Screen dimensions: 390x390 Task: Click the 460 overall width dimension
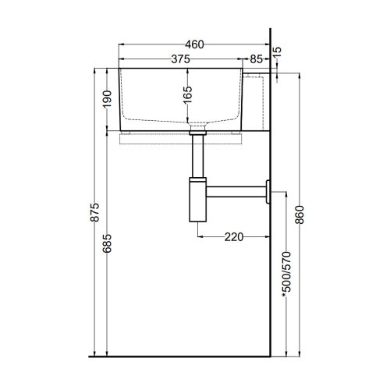[x=194, y=44]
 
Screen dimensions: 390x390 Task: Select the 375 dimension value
[x=180, y=59]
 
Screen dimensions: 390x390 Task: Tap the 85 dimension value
[x=256, y=59]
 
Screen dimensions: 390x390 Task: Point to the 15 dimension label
[x=278, y=52]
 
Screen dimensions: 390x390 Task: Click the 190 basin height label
[x=107, y=99]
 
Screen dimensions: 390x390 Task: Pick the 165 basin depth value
[x=187, y=94]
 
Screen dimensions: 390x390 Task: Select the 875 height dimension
[x=95, y=212]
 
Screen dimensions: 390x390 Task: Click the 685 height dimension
[x=107, y=243]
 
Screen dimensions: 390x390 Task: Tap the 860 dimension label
[x=300, y=214]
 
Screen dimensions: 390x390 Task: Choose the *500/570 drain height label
[x=286, y=275]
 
